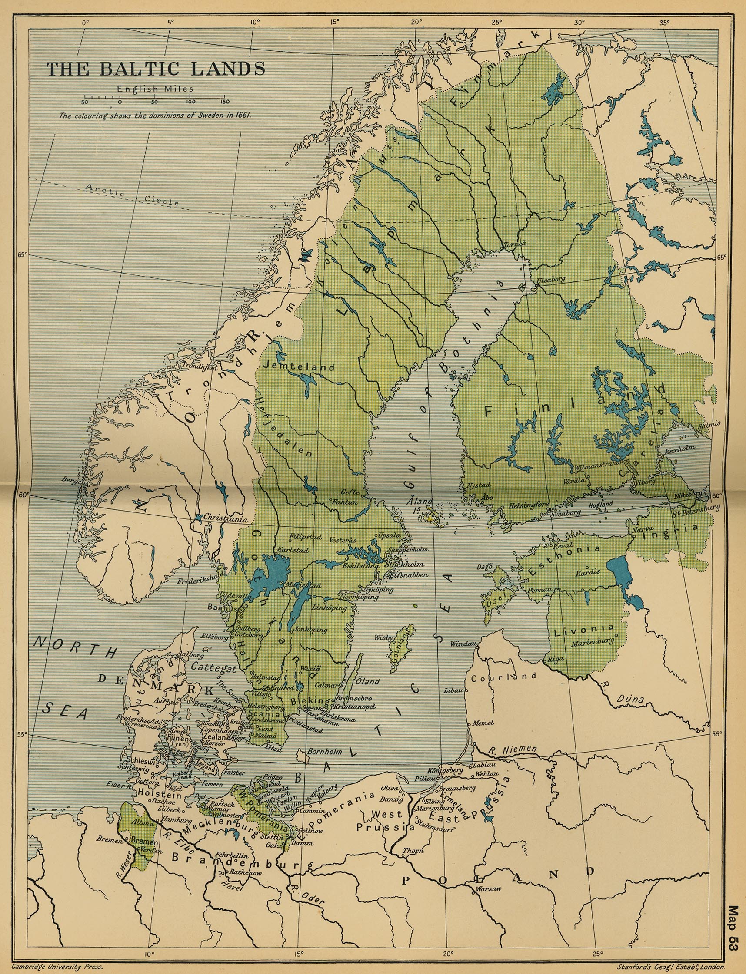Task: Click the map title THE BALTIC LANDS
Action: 156,69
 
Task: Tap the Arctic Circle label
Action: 132,195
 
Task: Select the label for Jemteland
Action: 298,367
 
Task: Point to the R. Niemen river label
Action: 512,749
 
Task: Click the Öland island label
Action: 369,681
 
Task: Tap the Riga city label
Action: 556,659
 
